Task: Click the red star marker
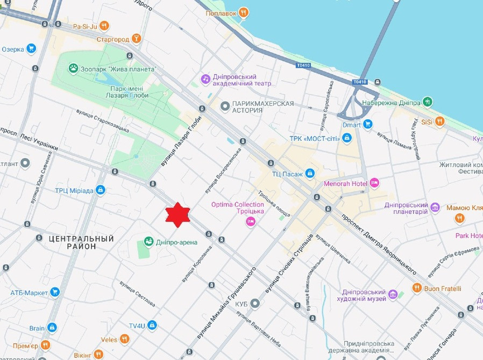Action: pos(176,215)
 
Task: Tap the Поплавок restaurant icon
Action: pos(244,12)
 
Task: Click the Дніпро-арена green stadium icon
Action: pos(148,242)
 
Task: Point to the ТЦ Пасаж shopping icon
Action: pos(310,173)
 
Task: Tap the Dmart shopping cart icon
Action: pos(368,124)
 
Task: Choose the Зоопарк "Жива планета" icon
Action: pos(73,68)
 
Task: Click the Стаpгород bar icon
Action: pos(137,39)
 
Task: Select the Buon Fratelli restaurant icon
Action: pos(417,289)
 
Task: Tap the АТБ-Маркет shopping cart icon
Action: pos(54,292)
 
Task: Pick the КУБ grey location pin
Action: pos(255,304)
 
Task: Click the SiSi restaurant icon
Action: pos(440,121)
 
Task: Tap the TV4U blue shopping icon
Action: pos(152,325)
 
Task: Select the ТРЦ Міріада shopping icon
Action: pos(100,190)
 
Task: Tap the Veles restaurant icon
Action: pos(125,339)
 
